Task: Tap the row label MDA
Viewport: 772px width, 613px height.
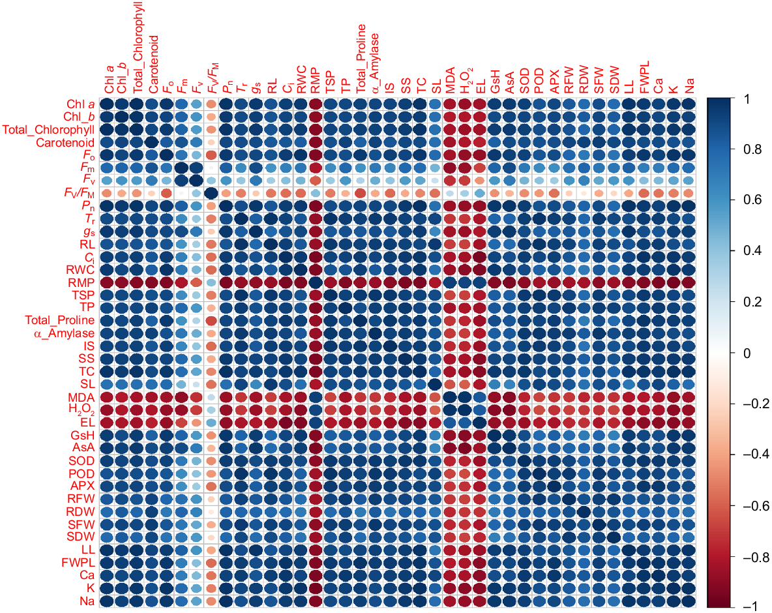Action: coord(82,397)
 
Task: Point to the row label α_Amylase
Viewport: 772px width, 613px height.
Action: coord(65,333)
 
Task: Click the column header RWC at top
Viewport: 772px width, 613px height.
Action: coord(301,78)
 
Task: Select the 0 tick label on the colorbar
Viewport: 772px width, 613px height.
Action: coord(747,353)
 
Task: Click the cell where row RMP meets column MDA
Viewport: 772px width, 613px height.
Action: coord(451,282)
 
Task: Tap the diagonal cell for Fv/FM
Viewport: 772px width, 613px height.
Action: coord(211,193)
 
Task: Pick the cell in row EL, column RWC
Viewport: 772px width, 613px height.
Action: coord(301,423)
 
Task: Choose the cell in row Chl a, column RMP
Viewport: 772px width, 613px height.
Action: coord(316,104)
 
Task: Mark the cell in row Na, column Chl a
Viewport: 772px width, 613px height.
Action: coord(107,601)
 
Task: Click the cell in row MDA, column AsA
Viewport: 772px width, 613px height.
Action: coord(511,397)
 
